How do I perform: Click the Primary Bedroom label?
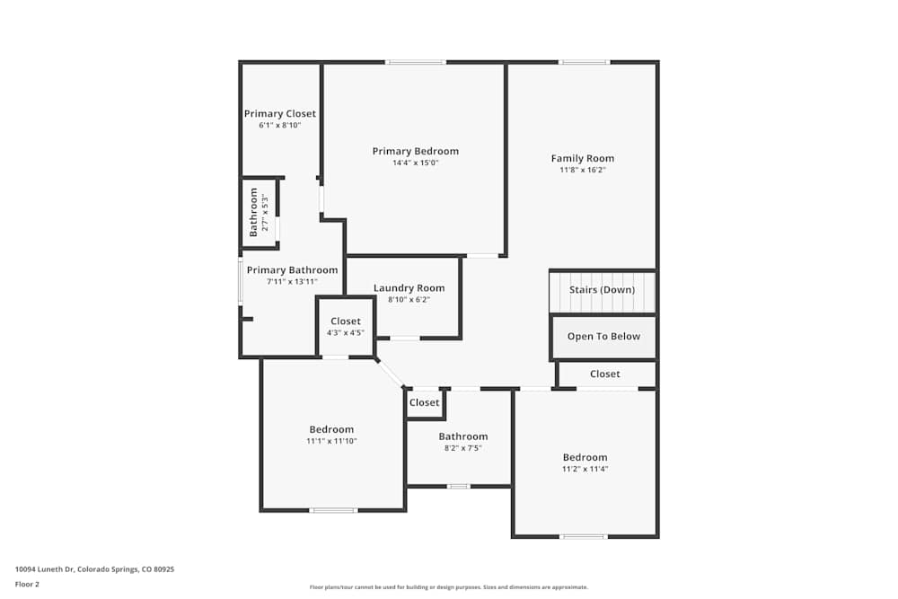[415, 151]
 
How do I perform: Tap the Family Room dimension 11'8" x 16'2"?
[583, 170]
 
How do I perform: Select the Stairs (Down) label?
[602, 290]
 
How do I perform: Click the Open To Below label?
[603, 337]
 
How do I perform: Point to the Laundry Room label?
[409, 288]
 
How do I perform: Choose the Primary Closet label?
[280, 114]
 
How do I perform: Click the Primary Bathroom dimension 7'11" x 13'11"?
[292, 281]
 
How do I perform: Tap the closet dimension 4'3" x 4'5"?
[346, 332]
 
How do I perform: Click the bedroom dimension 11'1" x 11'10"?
[331, 441]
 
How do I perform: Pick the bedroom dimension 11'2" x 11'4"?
[585, 469]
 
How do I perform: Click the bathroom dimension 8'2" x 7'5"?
[462, 448]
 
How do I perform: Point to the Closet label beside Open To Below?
[604, 374]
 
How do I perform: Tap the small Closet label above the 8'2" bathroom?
[425, 402]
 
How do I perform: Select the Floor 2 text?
[27, 584]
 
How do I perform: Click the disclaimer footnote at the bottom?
[448, 587]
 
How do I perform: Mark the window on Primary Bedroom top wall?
[415, 62]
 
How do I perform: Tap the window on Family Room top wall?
[584, 62]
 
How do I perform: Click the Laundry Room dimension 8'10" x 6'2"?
[409, 300]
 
